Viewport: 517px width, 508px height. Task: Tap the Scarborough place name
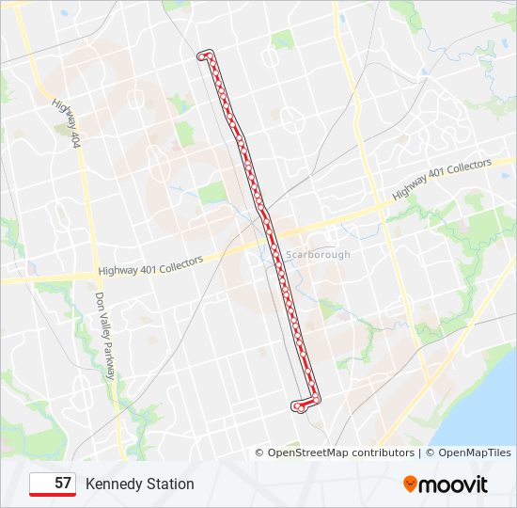coord(318,254)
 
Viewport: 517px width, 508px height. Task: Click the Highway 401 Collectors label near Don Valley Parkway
coord(147,267)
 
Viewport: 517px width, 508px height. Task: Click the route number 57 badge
coord(53,484)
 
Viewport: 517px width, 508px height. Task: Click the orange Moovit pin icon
coord(410,484)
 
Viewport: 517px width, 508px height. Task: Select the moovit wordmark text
coord(454,484)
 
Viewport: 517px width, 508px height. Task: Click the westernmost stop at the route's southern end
coord(296,406)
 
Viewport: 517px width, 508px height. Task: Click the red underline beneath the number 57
coord(53,495)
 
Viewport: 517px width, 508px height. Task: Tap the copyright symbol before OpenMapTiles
coord(429,452)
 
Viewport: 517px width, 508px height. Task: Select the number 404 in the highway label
coord(75,139)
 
